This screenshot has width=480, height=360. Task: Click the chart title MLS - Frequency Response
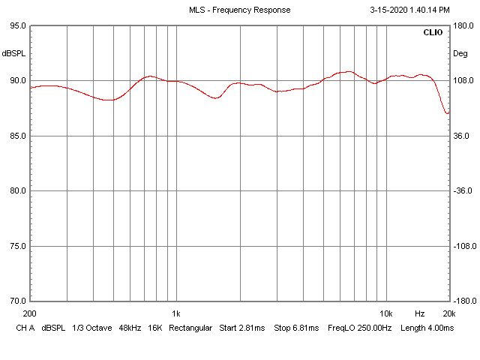point(239,10)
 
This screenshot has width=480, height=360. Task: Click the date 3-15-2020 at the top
point(390,10)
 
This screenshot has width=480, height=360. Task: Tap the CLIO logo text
point(433,33)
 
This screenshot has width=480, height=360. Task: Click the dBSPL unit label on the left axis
point(14,53)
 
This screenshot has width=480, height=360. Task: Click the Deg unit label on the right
point(460,53)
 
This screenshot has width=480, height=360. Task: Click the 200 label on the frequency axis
point(30,313)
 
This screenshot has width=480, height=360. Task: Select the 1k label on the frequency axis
point(175,313)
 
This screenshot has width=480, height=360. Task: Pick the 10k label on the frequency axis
point(386,313)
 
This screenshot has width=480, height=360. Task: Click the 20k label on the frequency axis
point(449,313)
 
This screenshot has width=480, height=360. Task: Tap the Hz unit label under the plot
point(420,313)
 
